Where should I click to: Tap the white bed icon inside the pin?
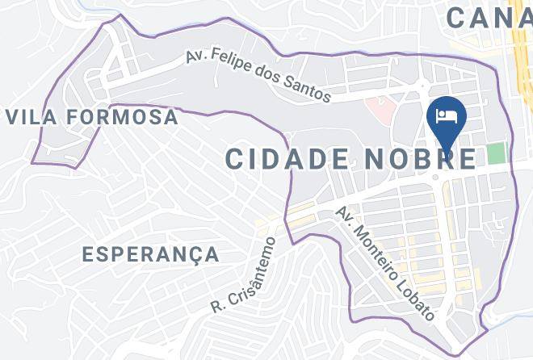[x=447, y=115]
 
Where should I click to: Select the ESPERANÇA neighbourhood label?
[x=151, y=255]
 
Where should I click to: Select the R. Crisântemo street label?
[x=243, y=274]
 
